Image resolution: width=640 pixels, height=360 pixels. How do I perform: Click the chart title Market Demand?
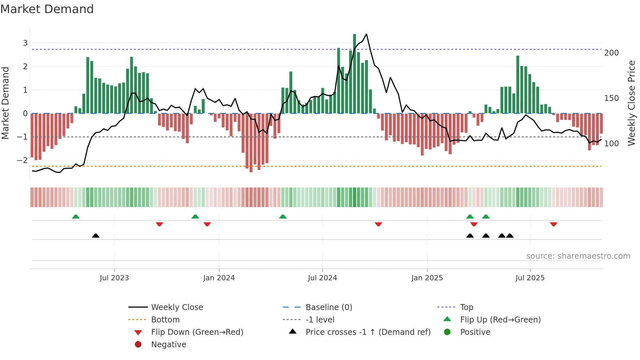pos(47,9)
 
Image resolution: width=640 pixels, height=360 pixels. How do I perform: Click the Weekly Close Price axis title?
pos(632,103)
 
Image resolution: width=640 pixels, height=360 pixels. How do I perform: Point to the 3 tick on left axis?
pos(25,43)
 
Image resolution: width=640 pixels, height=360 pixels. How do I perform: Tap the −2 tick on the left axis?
pos(22,160)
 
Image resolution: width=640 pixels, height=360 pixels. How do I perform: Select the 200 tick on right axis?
pos(611,53)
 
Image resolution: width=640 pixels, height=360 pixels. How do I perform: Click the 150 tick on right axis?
pos(611,98)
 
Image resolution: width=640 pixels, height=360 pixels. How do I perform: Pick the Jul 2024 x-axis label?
pos(322,278)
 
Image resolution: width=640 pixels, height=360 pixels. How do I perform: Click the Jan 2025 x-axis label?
pos(427,278)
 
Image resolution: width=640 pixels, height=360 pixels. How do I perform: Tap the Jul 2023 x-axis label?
pos(114,278)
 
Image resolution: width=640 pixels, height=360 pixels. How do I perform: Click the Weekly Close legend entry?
pos(177,307)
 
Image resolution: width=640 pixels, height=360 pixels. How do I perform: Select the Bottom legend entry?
pos(165,319)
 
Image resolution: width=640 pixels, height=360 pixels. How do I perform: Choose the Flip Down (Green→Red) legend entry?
pos(197,332)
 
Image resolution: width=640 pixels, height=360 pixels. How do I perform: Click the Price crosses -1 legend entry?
pos(368,332)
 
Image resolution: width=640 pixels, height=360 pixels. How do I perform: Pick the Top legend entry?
pos(467,307)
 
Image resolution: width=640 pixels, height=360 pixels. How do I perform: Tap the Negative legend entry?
pos(168,344)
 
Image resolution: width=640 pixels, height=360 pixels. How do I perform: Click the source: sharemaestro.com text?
pos(578,256)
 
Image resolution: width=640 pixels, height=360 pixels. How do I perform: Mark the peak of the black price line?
pos(367,34)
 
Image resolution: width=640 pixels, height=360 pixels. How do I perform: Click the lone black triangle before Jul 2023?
pos(96,236)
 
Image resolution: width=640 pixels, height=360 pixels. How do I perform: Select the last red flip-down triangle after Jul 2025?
pos(553,224)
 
